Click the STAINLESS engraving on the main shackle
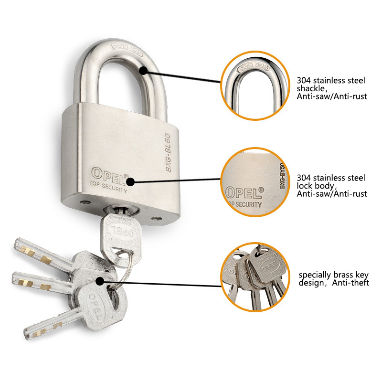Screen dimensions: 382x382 point(126,50)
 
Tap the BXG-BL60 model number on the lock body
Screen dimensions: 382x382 point(168,153)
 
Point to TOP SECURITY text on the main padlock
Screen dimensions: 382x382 point(108,187)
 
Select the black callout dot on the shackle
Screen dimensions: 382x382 point(144,71)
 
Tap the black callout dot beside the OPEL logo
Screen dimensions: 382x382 point(130,182)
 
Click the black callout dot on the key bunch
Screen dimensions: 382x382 point(100,281)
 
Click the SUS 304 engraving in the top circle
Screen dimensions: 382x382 point(254,66)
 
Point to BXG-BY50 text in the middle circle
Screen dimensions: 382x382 point(282,176)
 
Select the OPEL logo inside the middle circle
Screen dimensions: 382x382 point(244,192)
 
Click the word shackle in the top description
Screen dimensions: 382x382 point(311,88)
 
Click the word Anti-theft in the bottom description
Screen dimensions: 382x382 point(350,283)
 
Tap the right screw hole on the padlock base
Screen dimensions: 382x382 point(156,219)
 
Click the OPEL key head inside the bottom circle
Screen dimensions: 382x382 point(267,265)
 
